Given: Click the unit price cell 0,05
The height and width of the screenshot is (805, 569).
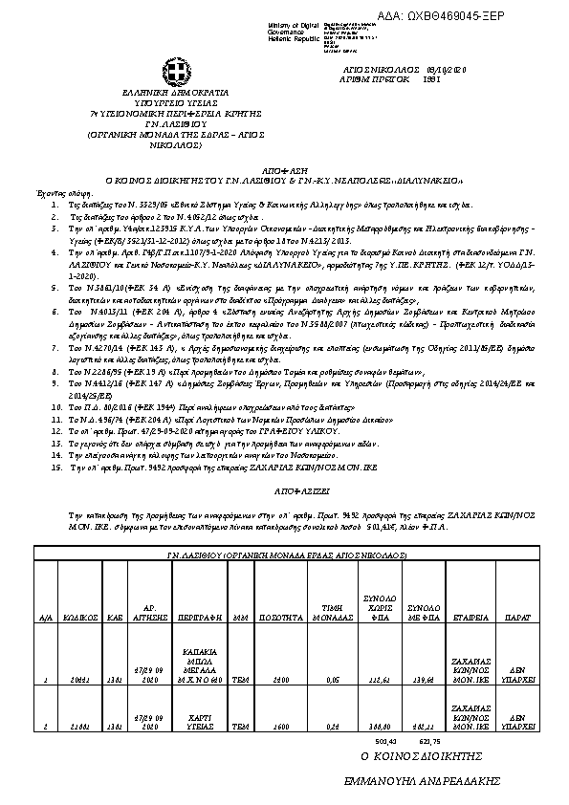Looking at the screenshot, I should pyautogui.click(x=332, y=679).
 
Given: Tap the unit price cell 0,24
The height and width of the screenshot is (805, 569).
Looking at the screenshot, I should pyautogui.click(x=332, y=725).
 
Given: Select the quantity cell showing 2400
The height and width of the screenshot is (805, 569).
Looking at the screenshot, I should pyautogui.click(x=280, y=679).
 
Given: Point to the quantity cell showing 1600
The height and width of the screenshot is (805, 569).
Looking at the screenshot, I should pyautogui.click(x=280, y=725).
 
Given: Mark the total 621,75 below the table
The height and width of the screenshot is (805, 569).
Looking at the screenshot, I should pyautogui.click(x=429, y=740).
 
